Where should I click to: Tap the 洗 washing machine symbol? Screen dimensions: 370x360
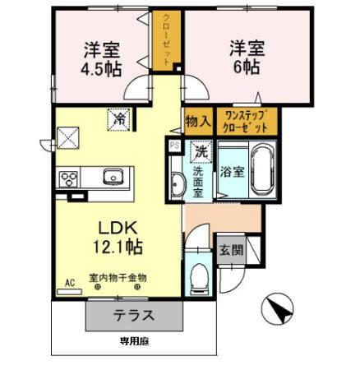point(200,151)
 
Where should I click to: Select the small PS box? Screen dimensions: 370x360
point(173,146)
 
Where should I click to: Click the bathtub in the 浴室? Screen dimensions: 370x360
point(263,170)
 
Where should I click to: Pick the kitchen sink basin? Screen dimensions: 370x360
point(111,177)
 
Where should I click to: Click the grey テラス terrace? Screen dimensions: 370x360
point(132,315)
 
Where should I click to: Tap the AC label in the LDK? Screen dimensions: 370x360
point(70,282)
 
